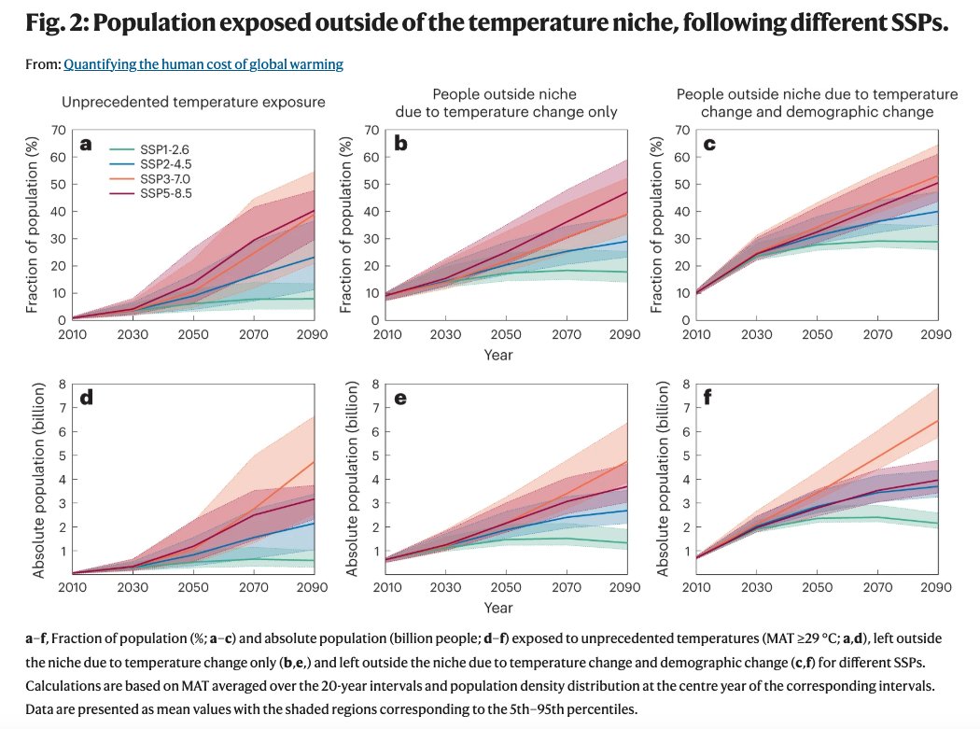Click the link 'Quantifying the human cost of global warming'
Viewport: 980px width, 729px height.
tap(203, 64)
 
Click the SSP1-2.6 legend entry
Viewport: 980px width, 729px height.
tap(165, 148)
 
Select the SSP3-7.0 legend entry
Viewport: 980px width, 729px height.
tap(165, 178)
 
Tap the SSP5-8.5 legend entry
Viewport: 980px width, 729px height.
tap(165, 193)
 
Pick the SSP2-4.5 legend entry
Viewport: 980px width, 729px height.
tap(165, 163)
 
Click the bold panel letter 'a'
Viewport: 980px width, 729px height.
tap(86, 144)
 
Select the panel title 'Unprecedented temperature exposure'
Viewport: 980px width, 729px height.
tap(193, 103)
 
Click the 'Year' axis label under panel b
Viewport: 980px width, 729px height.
tap(497, 355)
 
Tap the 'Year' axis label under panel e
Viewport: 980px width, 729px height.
tap(497, 608)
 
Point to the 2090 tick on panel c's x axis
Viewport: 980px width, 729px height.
tap(937, 334)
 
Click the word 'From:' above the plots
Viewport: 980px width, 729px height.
tap(43, 64)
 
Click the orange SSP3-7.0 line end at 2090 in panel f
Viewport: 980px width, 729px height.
tap(937, 421)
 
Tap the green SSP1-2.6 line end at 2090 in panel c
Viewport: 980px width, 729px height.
tap(937, 242)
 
